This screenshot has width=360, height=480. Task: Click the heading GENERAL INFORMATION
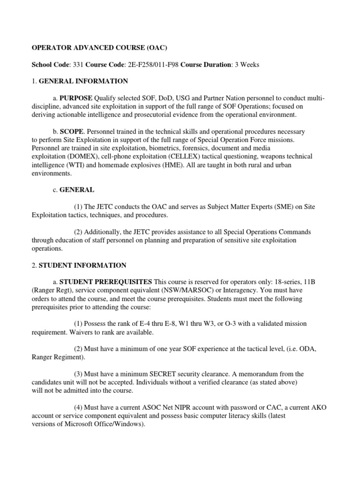click(x=83, y=81)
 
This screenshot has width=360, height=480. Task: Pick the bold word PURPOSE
click(x=75, y=97)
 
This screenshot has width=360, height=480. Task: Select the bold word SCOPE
click(x=69, y=132)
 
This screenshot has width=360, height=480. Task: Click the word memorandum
click(x=264, y=374)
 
